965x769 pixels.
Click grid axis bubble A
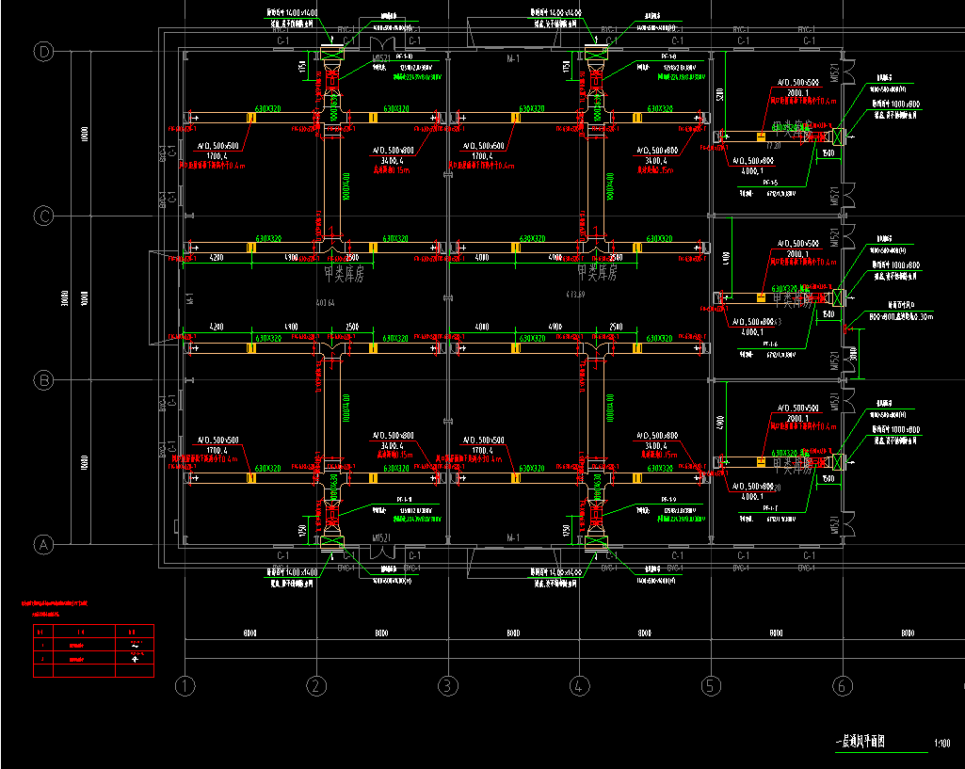pyautogui.click(x=43, y=544)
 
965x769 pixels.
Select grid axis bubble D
pyautogui.click(x=43, y=52)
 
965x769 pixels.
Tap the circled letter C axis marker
pyautogui.click(x=43, y=216)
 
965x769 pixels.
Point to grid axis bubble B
pyautogui.click(x=43, y=380)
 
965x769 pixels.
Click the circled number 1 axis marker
pyautogui.click(x=185, y=686)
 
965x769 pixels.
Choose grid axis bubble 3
pyautogui.click(x=448, y=686)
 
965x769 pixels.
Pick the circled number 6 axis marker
pyautogui.click(x=841, y=686)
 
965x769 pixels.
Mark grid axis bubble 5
pyautogui.click(x=710, y=686)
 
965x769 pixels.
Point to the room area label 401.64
pyautogui.click(x=326, y=302)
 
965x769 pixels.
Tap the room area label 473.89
pyautogui.click(x=575, y=295)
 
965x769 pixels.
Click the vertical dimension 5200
pyautogui.click(x=719, y=94)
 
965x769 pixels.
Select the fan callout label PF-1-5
pyautogui.click(x=769, y=182)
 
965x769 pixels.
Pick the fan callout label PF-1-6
pyautogui.click(x=769, y=344)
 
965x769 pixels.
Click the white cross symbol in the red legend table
pyautogui.click(x=136, y=659)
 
